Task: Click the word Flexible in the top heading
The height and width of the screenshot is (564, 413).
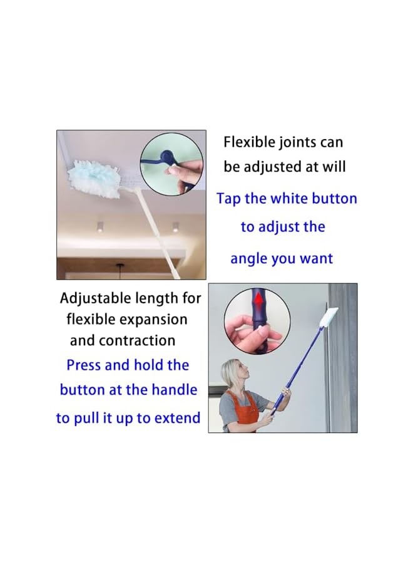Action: coord(250,142)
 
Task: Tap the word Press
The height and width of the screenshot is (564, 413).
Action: coord(84,365)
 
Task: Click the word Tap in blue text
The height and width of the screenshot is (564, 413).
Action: coord(229,199)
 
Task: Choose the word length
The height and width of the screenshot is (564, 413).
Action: coord(156,299)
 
